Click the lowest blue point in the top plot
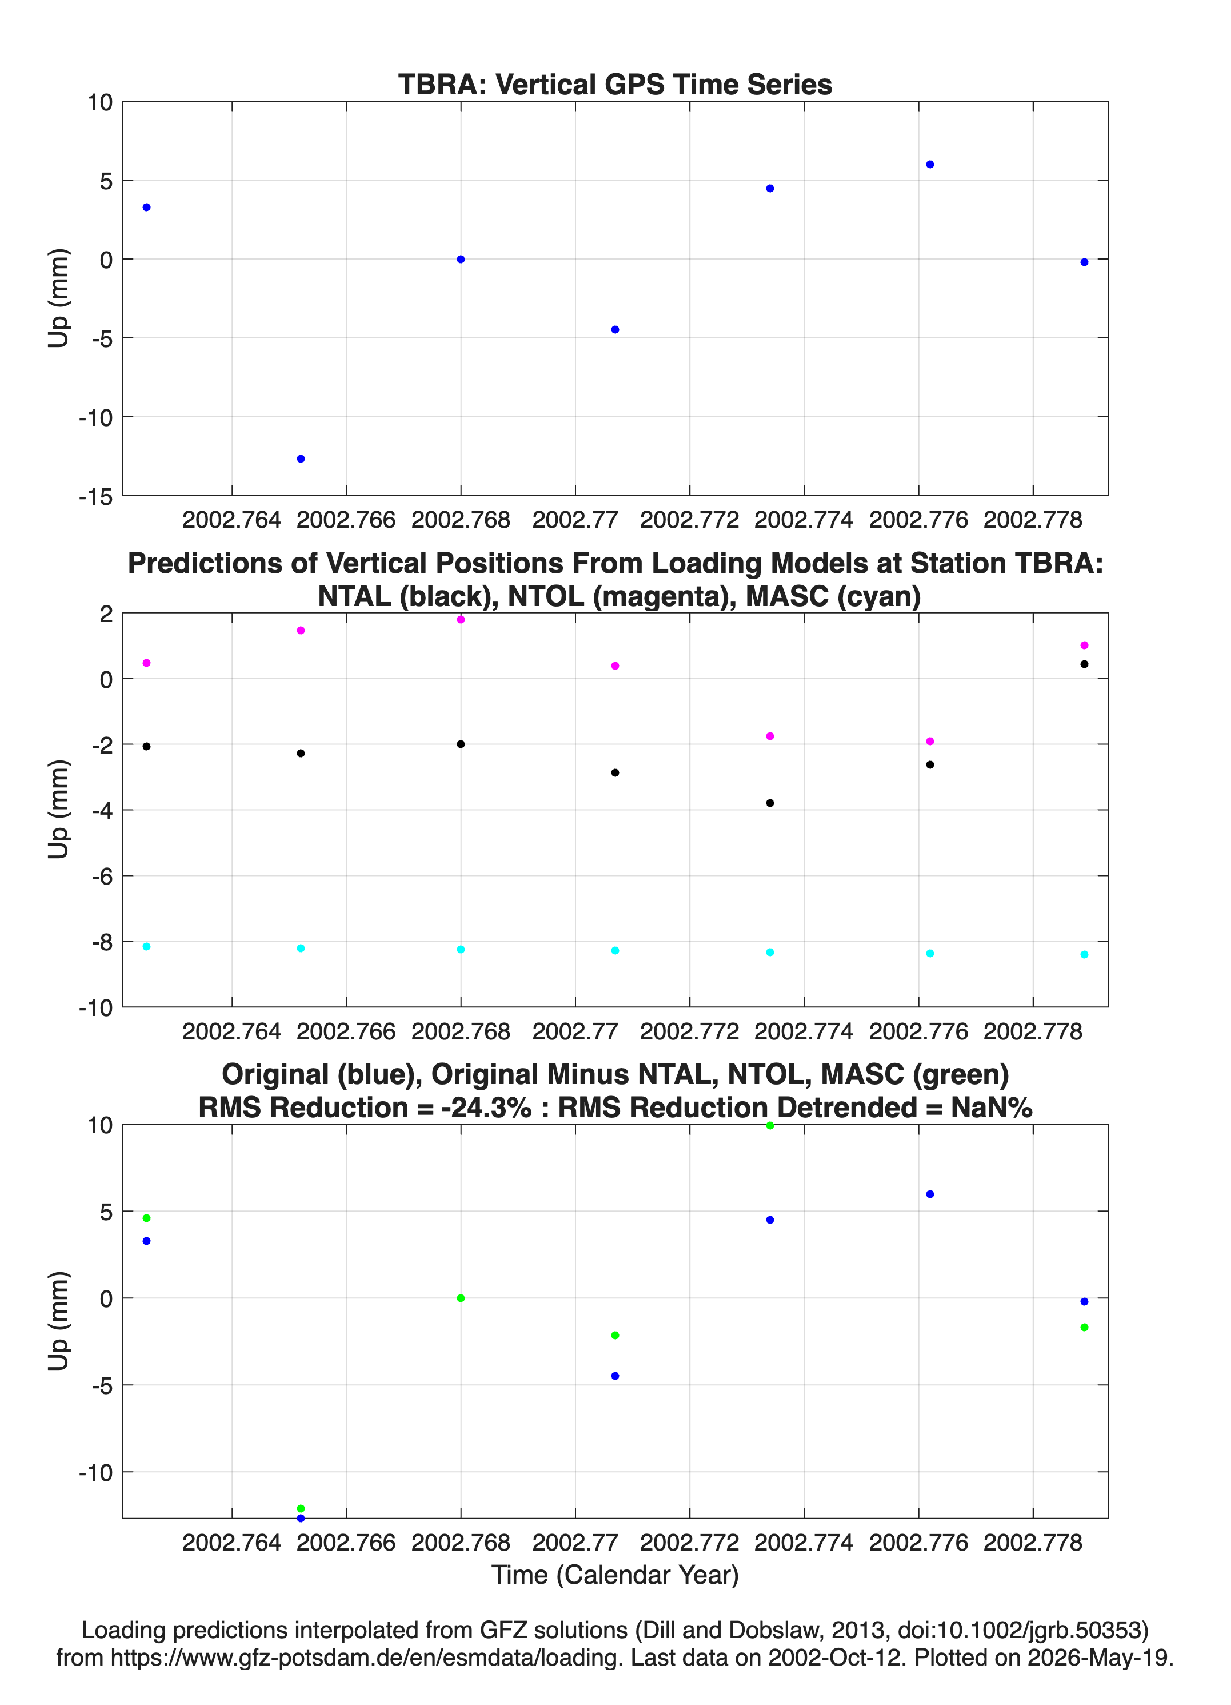pyautogui.click(x=301, y=459)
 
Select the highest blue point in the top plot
pyautogui.click(x=930, y=165)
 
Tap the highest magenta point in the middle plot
pyautogui.click(x=461, y=619)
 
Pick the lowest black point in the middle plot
pyautogui.click(x=770, y=803)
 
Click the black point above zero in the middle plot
pyautogui.click(x=1084, y=664)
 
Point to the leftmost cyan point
pyautogui.click(x=146, y=946)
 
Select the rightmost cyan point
pyautogui.click(x=1084, y=955)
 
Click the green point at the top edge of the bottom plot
pyautogui.click(x=770, y=1125)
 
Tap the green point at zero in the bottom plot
pyautogui.click(x=461, y=1298)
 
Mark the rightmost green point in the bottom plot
pyautogui.click(x=1084, y=1328)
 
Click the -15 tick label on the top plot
pyautogui.click(x=95, y=497)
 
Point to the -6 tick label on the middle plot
pyautogui.click(x=102, y=877)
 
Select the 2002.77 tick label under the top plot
pyautogui.click(x=575, y=520)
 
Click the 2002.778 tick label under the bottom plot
pyautogui.click(x=1033, y=1543)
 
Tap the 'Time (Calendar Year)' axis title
pyautogui.click(x=615, y=1575)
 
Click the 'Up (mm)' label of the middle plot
pyautogui.click(x=59, y=810)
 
